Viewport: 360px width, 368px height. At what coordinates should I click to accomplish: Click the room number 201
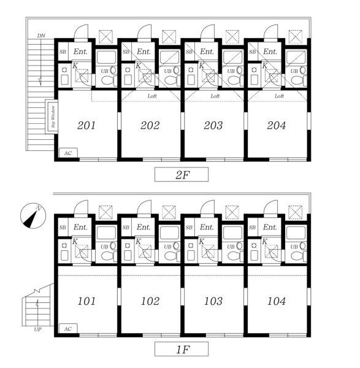tap(86, 125)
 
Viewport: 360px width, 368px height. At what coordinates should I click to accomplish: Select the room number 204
tap(277, 125)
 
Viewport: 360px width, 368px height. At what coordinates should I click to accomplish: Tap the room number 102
tap(150, 301)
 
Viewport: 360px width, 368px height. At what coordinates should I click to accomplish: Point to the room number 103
tap(213, 301)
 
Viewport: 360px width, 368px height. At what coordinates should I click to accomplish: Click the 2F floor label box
tap(182, 174)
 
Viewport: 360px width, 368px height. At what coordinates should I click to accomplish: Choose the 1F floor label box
tap(182, 349)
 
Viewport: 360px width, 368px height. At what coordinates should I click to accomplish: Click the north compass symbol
tap(33, 216)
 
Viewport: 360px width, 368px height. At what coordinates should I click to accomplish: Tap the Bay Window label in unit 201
tap(53, 117)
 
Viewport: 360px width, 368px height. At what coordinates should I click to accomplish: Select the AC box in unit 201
tap(68, 153)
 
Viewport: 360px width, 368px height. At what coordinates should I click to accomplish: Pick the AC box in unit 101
tap(68, 329)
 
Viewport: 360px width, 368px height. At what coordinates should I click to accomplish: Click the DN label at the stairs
tap(41, 36)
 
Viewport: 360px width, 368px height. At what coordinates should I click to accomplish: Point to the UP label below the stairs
tap(38, 329)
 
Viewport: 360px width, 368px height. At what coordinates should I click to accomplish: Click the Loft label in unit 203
tap(215, 96)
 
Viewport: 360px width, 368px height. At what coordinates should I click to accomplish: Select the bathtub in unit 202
tap(169, 56)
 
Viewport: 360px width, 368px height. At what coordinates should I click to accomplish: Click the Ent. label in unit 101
tap(80, 227)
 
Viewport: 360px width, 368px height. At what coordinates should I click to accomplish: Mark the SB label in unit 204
tap(252, 52)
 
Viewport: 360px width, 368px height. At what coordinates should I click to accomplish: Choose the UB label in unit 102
tap(167, 247)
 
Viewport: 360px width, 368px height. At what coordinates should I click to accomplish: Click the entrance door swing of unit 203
tap(207, 31)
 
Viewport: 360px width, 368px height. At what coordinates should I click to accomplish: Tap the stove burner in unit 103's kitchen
tap(191, 245)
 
